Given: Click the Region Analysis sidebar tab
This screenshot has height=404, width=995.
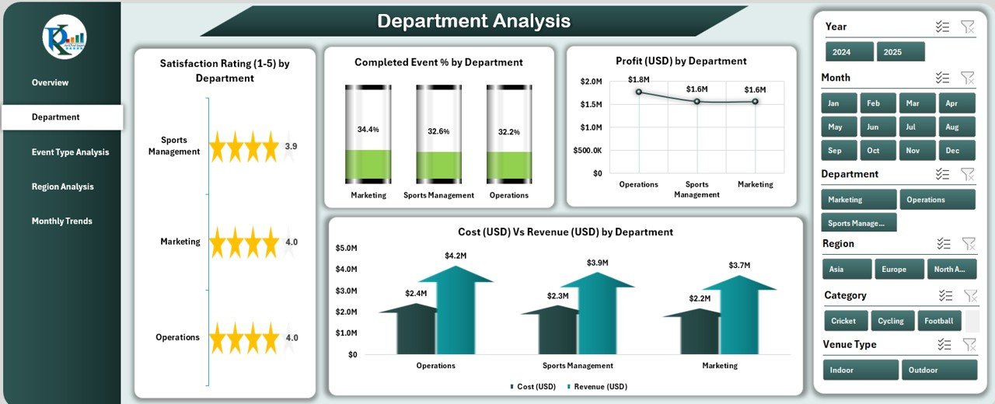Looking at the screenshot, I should (62, 186).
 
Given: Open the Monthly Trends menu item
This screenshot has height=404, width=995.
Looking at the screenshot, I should (61, 221).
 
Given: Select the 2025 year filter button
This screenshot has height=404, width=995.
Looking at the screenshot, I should (900, 52).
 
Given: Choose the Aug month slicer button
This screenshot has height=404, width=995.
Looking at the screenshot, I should (956, 127).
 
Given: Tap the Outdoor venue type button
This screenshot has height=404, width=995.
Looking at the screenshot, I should (938, 371).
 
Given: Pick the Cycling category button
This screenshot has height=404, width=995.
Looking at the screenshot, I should (891, 321).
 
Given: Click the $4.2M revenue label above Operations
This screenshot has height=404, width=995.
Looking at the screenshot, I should (456, 256).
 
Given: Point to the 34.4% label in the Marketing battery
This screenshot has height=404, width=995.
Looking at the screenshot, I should (368, 129).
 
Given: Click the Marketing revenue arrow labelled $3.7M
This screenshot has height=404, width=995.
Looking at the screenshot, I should (739, 319).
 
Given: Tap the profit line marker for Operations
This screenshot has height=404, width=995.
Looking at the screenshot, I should (639, 92).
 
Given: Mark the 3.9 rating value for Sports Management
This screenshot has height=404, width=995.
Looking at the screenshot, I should (291, 146).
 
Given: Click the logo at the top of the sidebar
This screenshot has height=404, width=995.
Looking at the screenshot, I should (65, 37).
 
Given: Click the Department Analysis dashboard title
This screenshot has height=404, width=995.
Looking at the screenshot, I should (473, 22).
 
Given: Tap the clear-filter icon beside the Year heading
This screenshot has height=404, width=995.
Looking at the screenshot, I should (967, 27).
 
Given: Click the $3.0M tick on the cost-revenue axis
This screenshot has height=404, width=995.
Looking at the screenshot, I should (346, 291).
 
